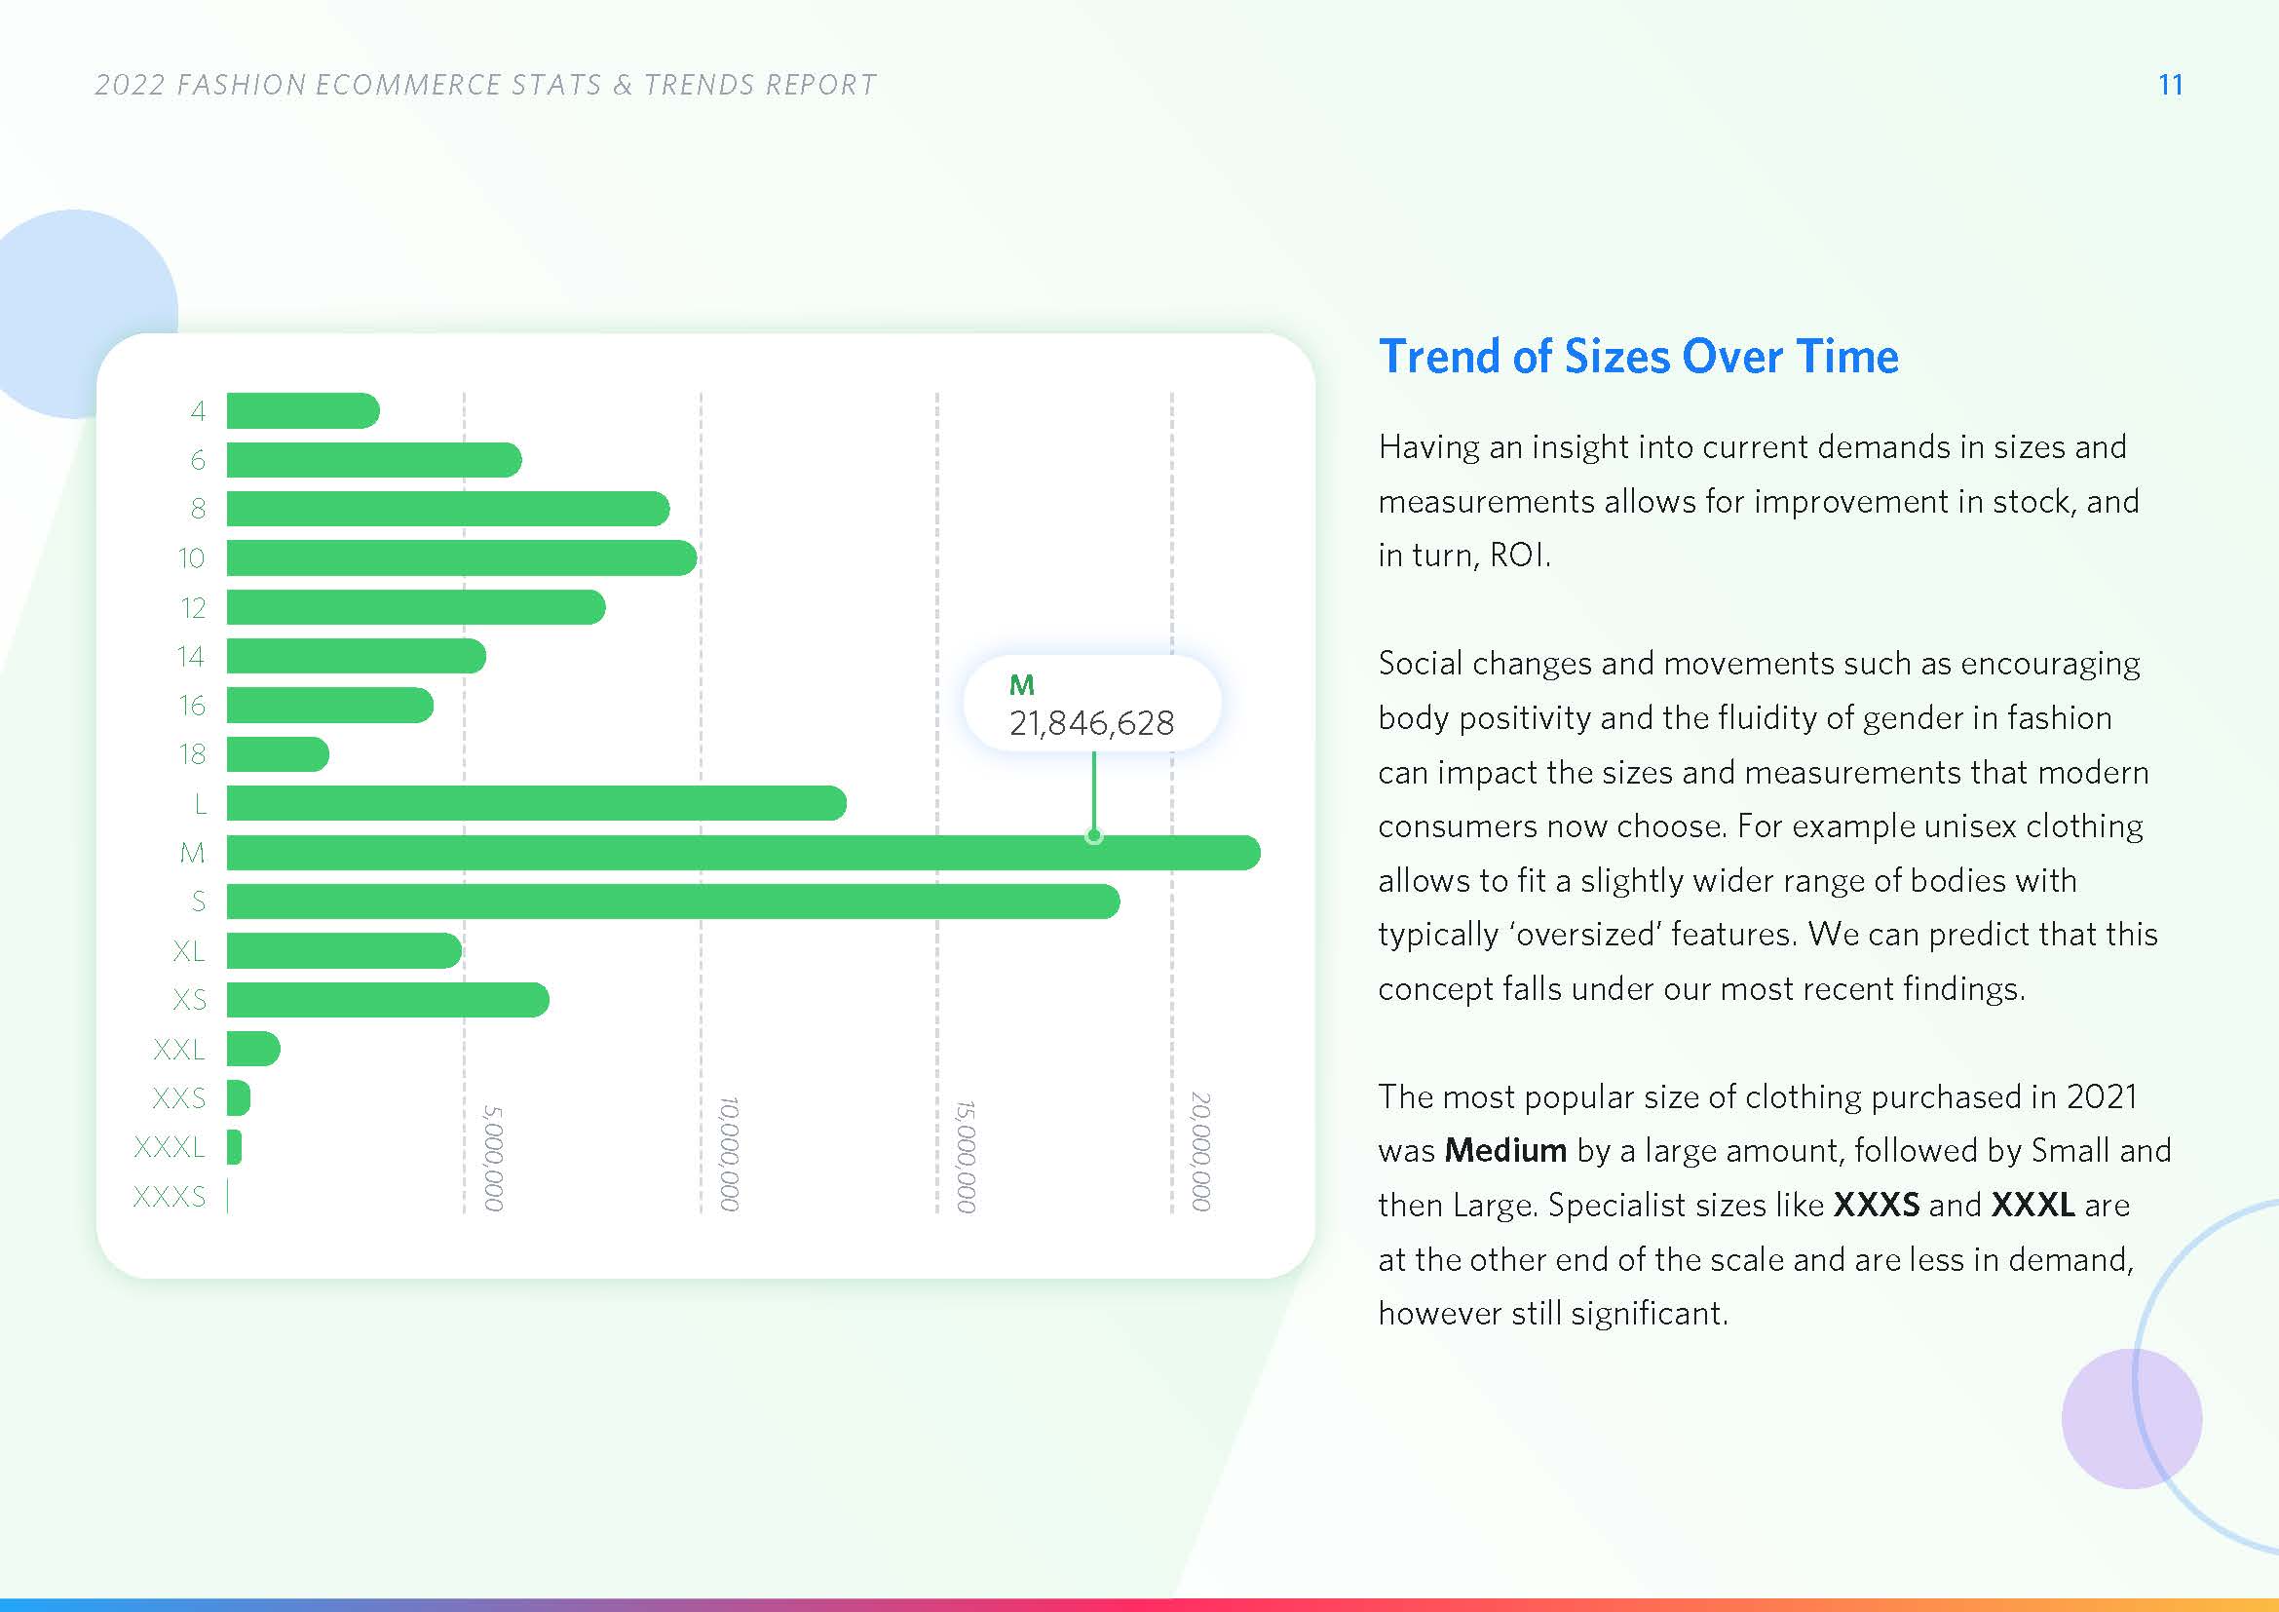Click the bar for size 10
[x=462, y=557]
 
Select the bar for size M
[x=743, y=853]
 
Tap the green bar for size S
[x=673, y=902]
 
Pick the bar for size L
[x=536, y=803]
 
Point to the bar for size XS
[x=387, y=1000]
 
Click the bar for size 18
[x=277, y=754]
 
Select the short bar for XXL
[x=253, y=1049]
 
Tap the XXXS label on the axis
[x=170, y=1196]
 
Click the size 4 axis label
[x=198, y=411]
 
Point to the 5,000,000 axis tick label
[x=493, y=1158]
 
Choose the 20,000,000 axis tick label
[x=1201, y=1151]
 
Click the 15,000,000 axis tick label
[x=966, y=1156]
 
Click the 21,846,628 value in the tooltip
[x=1092, y=722]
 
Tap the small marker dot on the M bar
[x=1094, y=836]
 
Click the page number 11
[x=2171, y=85]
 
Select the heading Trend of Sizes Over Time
[x=1639, y=357]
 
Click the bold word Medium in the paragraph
[x=1505, y=1150]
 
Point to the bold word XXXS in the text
[x=1876, y=1205]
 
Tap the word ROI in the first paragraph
[x=1517, y=555]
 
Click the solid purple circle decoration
[x=2131, y=1418]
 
